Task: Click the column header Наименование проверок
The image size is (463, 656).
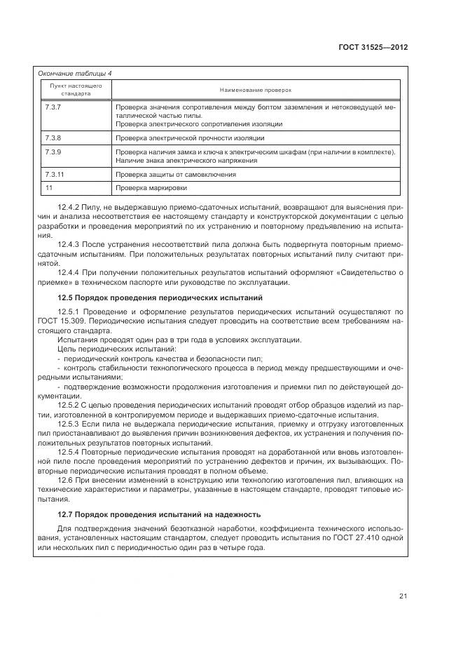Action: [255, 90]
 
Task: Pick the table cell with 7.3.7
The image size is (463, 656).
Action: [54, 107]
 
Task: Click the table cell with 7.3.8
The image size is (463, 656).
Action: [54, 138]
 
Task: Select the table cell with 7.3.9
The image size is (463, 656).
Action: [54, 152]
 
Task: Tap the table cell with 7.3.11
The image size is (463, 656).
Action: [55, 174]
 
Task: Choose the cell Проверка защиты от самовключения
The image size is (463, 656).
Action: [176, 174]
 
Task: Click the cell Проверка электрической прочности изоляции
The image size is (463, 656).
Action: [190, 138]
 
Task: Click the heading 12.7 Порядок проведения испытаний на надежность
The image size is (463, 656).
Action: [158, 514]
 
